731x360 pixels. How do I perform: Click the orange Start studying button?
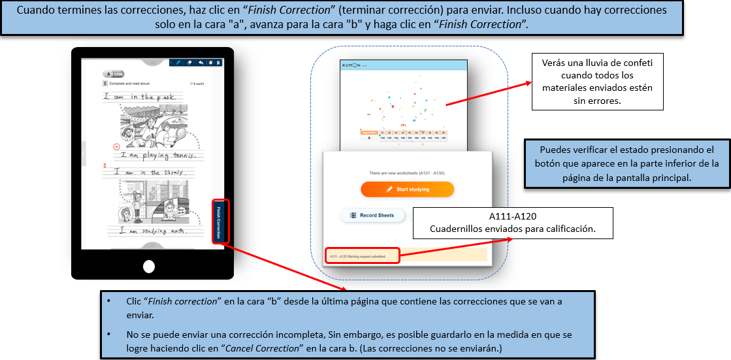[x=407, y=189]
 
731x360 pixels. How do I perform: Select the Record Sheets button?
[x=372, y=215]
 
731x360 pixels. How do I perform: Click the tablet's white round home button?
[x=149, y=266]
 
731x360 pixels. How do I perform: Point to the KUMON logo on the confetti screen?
[x=353, y=65]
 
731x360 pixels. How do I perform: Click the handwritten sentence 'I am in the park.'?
[x=140, y=97]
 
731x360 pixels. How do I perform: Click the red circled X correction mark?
[x=116, y=148]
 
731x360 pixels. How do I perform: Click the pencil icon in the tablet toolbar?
[x=176, y=63]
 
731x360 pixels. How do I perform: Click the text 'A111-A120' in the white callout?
[x=513, y=217]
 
